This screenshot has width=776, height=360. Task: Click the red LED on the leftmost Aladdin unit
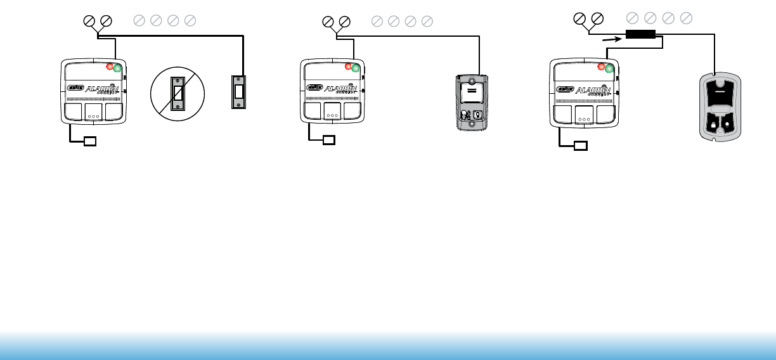click(x=110, y=66)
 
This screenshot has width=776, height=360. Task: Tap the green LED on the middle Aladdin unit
click(x=355, y=67)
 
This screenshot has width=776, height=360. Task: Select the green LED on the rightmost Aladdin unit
click(x=609, y=68)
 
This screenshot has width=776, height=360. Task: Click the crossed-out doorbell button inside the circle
click(x=179, y=96)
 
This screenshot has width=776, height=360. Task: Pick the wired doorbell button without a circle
click(x=238, y=92)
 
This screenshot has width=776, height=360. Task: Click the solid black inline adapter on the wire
click(x=640, y=34)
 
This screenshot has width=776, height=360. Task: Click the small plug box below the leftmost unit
click(x=90, y=141)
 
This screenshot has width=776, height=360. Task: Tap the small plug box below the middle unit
click(x=328, y=141)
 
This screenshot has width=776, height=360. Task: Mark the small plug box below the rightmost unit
click(x=580, y=145)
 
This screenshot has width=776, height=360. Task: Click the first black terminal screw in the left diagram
click(x=89, y=21)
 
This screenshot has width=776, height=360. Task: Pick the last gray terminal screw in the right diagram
click(x=685, y=18)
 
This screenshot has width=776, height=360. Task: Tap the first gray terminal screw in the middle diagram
click(x=376, y=22)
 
